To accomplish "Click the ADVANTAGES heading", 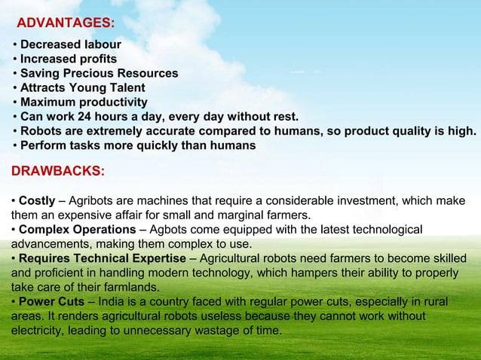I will pyautogui.click(x=66, y=23).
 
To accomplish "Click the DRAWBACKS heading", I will pyautogui.click(x=58, y=171).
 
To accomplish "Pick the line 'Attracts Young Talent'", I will pyautogui.click(x=82, y=87).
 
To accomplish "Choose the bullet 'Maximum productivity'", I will pyautogui.click(x=84, y=102).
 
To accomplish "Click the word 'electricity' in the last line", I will pyautogui.click(x=40, y=331).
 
